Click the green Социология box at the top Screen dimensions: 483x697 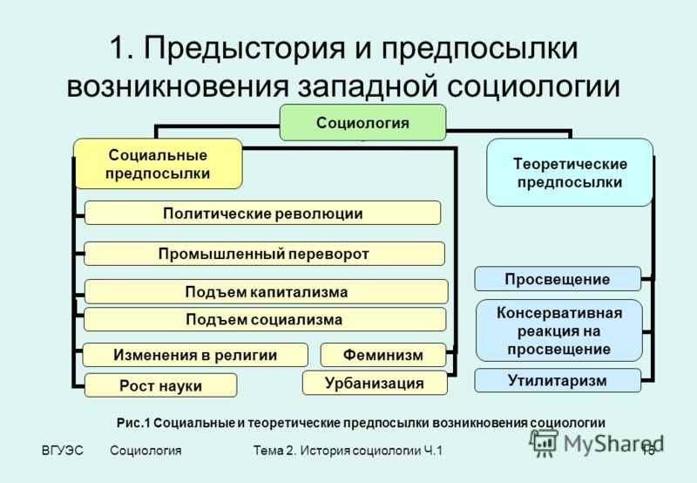(362, 122)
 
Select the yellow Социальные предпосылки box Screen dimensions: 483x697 (157, 164)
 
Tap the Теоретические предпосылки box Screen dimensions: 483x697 (569, 173)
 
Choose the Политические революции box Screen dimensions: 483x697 (262, 213)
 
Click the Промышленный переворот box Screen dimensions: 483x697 (264, 253)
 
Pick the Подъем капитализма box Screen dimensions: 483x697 (266, 291)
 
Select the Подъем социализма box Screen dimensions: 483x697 (264, 319)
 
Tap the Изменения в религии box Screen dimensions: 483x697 (195, 355)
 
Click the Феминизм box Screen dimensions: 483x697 (382, 355)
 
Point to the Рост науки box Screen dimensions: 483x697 (160, 385)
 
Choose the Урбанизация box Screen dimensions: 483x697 (374, 383)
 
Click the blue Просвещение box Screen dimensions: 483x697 (557, 279)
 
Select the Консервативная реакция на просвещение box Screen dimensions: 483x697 (558, 330)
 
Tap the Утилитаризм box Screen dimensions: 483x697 (557, 380)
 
